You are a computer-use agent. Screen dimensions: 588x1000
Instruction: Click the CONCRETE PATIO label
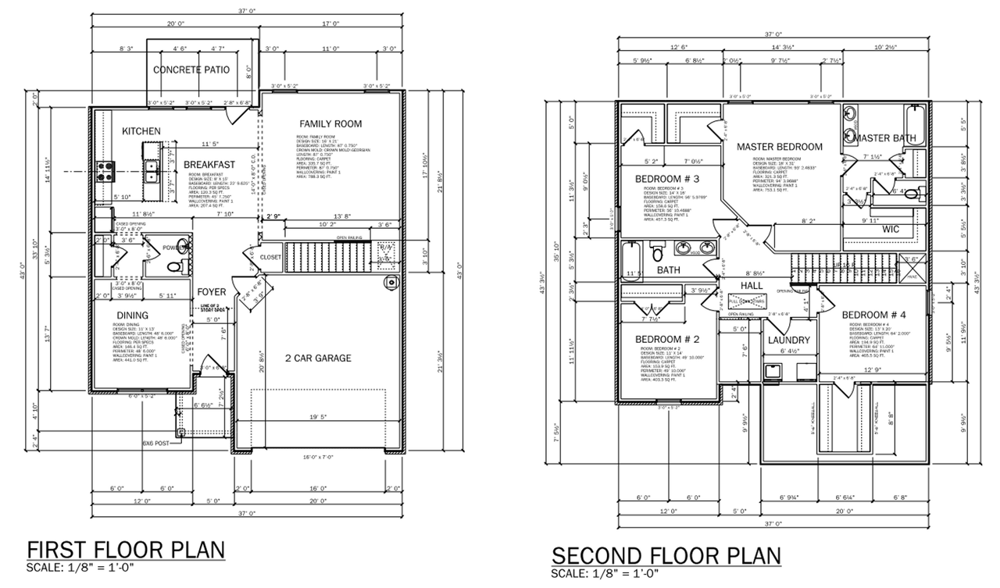point(191,69)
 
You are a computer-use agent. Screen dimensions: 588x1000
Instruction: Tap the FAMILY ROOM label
point(330,123)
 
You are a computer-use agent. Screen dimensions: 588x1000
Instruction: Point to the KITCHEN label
point(141,131)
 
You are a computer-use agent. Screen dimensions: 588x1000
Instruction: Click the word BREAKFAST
point(209,164)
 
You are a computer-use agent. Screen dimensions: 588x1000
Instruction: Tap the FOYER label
point(212,292)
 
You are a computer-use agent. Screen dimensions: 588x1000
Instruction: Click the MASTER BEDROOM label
point(780,147)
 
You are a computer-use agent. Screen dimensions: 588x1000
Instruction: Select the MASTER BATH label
point(883,138)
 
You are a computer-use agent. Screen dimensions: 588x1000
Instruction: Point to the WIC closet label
point(891,230)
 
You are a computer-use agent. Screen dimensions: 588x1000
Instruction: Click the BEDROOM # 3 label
point(666,179)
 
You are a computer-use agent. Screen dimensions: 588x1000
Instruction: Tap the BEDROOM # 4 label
point(873,315)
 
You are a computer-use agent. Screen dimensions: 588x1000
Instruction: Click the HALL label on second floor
point(751,287)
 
